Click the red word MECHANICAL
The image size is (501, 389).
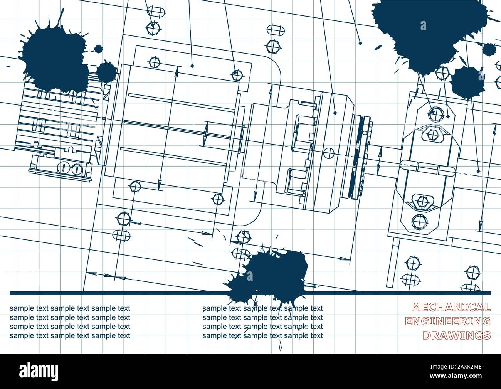(451, 307)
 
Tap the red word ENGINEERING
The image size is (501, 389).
(451, 321)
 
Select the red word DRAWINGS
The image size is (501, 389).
(456, 335)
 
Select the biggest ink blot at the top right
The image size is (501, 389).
(416, 31)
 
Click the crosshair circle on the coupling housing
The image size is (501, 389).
(328, 153)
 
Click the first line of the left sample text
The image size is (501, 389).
(70, 308)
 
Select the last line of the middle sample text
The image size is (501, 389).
(262, 335)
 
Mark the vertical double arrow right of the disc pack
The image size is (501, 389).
(379, 162)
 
